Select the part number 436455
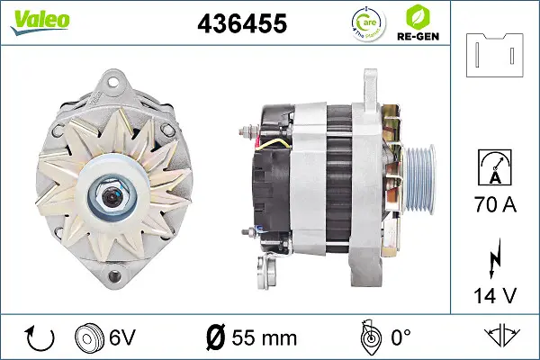click(240, 24)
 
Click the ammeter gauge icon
click(494, 169)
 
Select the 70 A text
click(494, 205)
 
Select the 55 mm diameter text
click(252, 337)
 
